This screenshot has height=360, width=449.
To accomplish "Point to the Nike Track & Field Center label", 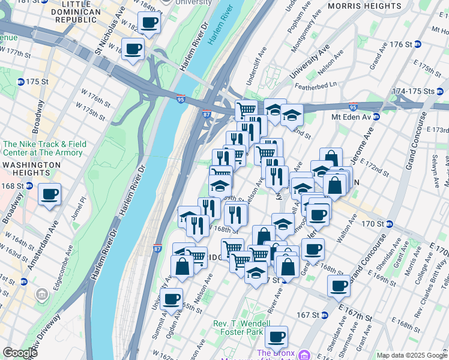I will click(x=44, y=148).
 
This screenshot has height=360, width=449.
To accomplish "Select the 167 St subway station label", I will click(x=311, y=315).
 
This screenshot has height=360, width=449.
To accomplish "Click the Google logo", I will click(x=20, y=353).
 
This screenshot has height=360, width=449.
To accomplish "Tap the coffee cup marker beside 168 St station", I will click(x=50, y=194).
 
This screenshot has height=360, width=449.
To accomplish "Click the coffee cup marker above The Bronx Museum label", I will click(x=276, y=337).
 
